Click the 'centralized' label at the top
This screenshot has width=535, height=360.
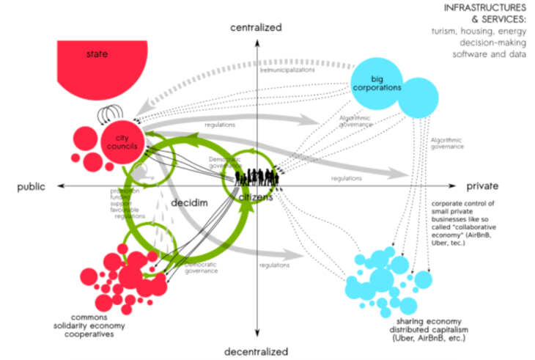[256, 28]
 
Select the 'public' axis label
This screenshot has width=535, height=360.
[32, 187]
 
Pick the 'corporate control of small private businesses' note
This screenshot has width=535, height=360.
[467, 218]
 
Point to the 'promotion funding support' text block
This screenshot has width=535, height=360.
[120, 202]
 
